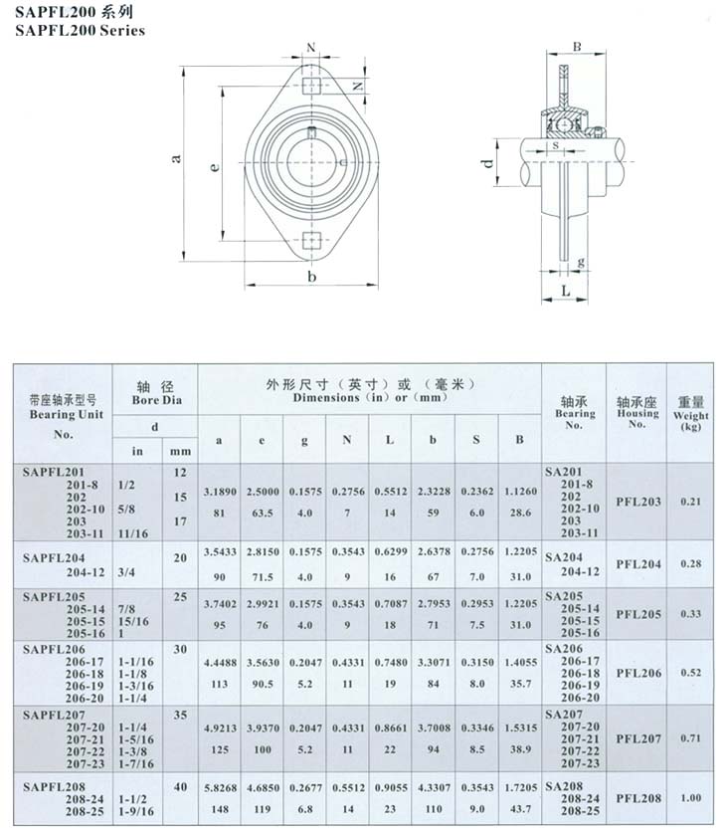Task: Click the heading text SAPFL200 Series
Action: (x=80, y=30)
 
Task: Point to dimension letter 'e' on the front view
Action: (x=214, y=167)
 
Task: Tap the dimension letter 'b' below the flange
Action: (x=311, y=276)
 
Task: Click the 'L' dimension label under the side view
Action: (x=565, y=290)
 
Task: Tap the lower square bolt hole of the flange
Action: (x=311, y=240)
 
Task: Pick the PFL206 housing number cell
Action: (x=637, y=673)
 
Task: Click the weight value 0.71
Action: (x=690, y=738)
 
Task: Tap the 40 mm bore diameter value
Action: (x=180, y=786)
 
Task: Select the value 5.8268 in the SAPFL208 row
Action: (x=220, y=787)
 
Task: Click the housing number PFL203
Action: (x=637, y=502)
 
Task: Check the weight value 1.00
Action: (x=690, y=798)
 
